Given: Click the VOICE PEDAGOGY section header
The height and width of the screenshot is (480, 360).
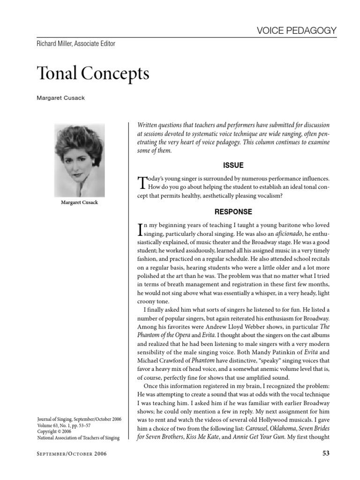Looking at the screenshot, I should [297, 30].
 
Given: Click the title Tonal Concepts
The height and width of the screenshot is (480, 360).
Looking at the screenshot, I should [93, 74].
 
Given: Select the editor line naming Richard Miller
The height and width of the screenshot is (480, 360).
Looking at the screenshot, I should [75, 44].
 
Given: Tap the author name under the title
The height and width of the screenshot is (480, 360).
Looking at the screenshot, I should [61, 99].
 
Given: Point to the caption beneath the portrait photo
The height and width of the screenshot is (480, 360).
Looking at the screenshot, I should [79, 202].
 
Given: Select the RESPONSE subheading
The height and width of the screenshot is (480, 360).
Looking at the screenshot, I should [233, 212].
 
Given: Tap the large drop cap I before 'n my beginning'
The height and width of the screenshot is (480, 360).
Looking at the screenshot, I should [139, 229].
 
